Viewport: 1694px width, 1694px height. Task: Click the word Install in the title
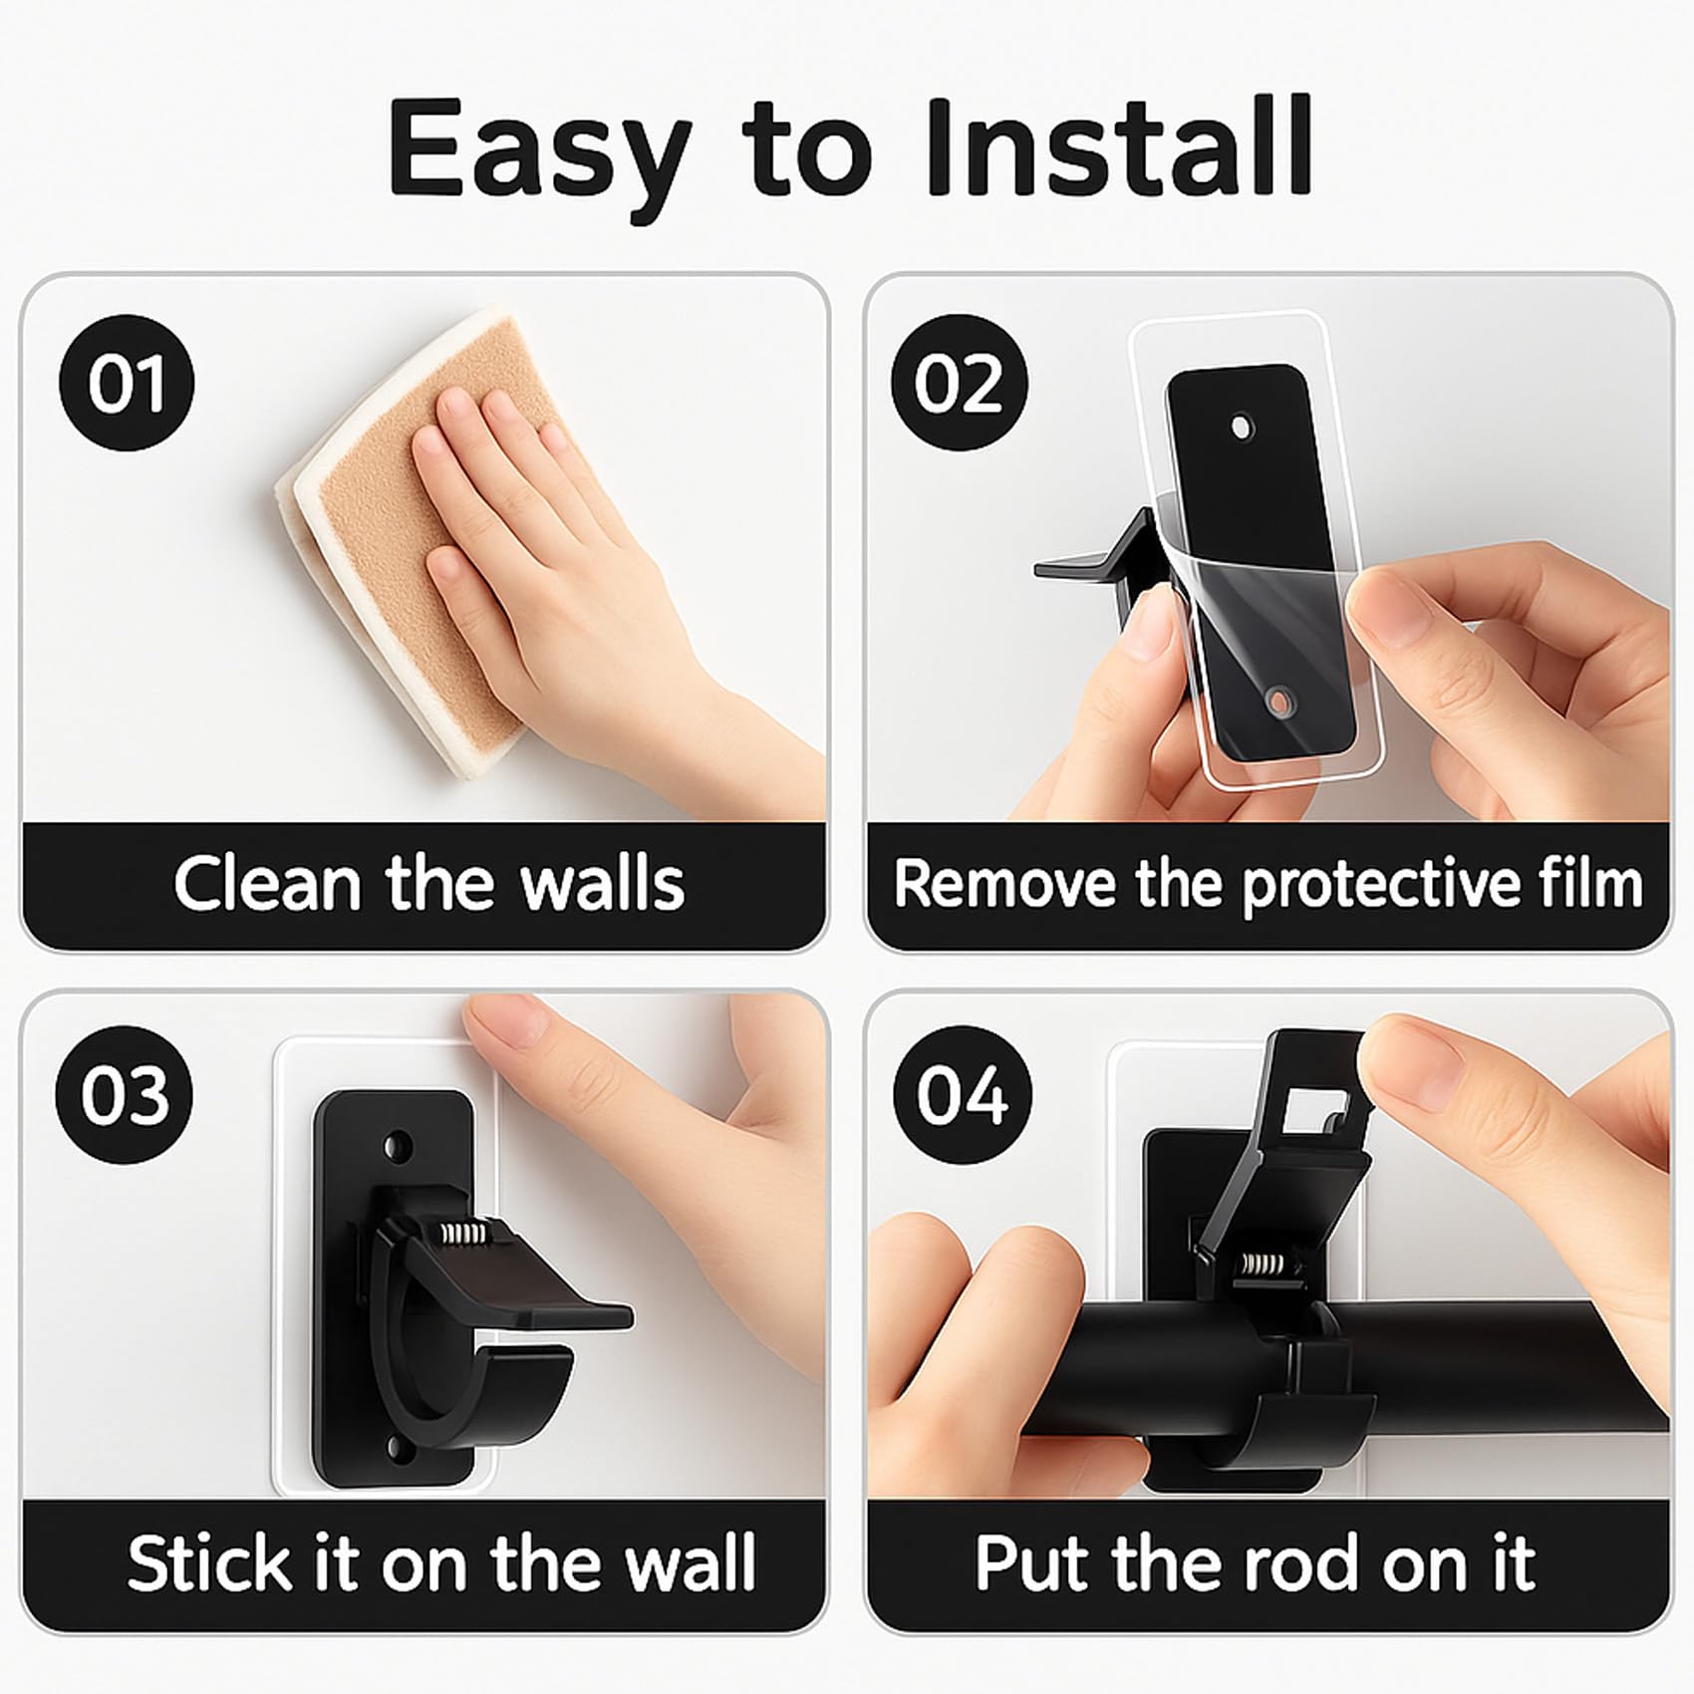pos(1119,147)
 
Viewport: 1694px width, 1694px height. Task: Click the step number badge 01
pos(127,384)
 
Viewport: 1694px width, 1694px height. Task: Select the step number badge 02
pos(958,384)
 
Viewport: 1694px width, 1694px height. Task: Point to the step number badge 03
pos(125,1095)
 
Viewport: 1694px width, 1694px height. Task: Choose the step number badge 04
pos(962,1095)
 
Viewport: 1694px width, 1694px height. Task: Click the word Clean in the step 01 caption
pos(267,883)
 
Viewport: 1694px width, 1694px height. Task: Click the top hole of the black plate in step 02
pos(1242,427)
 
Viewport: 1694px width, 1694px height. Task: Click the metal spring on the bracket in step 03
pos(465,1234)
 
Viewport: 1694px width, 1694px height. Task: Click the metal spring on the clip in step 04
pos(1260,1268)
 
